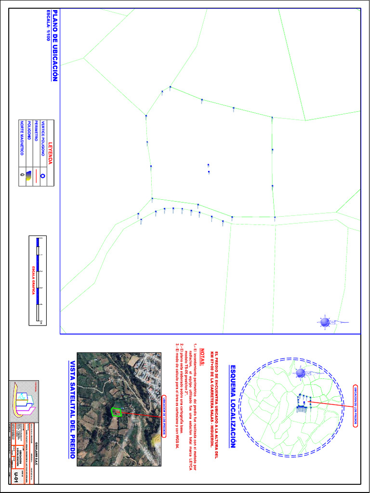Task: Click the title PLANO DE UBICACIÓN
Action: pos(55,46)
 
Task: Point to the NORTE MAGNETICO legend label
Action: pos(21,139)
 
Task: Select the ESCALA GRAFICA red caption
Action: pos(34,279)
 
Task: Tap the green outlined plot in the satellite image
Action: pos(116,412)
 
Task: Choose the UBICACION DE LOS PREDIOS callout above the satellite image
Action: pos(164,415)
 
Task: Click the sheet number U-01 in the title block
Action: pos(18,476)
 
